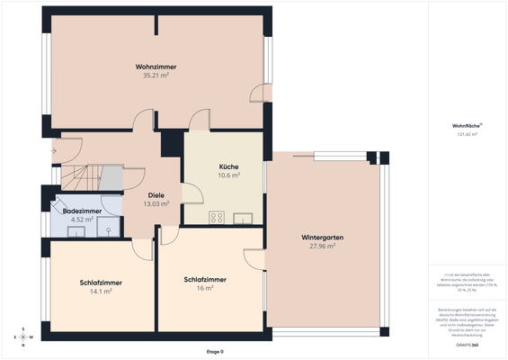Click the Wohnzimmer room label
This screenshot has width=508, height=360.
(x=156, y=67)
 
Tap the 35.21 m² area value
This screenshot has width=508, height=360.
(x=156, y=76)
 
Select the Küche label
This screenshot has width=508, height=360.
(x=228, y=167)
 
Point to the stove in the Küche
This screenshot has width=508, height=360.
(x=217, y=217)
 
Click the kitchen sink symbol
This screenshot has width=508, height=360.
(x=243, y=217)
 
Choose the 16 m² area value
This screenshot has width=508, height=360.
(x=204, y=288)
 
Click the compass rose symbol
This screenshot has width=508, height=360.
(x=26, y=337)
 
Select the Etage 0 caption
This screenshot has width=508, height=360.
(x=215, y=352)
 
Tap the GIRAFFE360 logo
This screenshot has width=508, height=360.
(x=468, y=345)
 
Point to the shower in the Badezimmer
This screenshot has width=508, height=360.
(x=109, y=227)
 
